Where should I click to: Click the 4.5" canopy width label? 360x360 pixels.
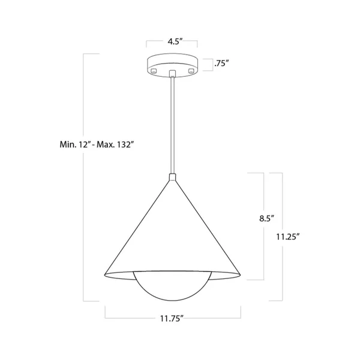click(175, 41)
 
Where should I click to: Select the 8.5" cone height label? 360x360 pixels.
click(267, 218)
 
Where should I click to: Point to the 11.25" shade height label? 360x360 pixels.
click(288, 237)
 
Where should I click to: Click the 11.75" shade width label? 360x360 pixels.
click(172, 319)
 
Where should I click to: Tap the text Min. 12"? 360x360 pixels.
click(74, 145)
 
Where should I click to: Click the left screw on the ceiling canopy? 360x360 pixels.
click(154, 70)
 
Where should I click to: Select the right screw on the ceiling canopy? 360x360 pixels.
click(191, 71)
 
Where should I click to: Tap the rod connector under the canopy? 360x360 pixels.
click(172, 73)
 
